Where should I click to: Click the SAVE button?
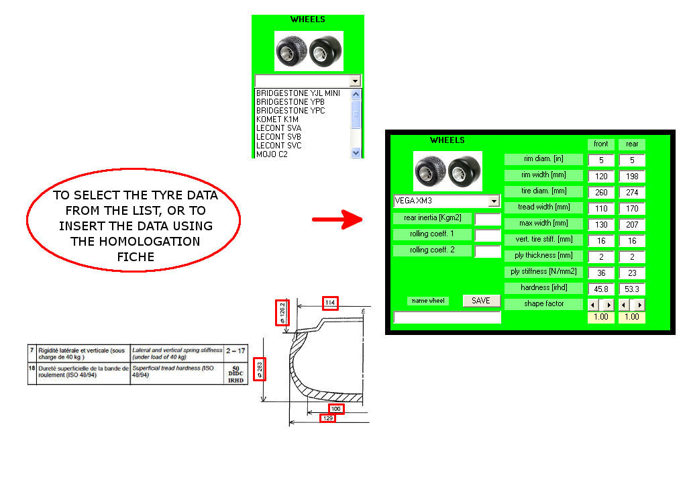click(x=481, y=301)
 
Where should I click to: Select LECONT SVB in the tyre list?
click(x=278, y=137)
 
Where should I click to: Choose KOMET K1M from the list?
click(x=278, y=119)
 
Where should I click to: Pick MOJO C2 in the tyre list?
click(x=272, y=154)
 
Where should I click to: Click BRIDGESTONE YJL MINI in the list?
click(x=298, y=93)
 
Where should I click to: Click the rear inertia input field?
click(x=488, y=218)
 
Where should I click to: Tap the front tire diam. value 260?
click(x=601, y=193)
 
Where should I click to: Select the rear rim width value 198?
click(x=631, y=177)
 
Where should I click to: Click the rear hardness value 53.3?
click(x=631, y=289)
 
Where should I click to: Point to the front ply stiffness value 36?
click(x=601, y=273)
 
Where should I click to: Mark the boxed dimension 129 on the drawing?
click(x=328, y=418)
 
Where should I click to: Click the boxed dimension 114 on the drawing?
click(x=330, y=303)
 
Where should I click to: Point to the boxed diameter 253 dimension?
click(x=260, y=369)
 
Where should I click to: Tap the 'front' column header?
click(x=601, y=144)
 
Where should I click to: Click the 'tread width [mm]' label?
click(x=543, y=207)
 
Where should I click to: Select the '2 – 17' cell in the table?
click(x=235, y=350)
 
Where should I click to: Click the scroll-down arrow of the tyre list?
click(x=356, y=153)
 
